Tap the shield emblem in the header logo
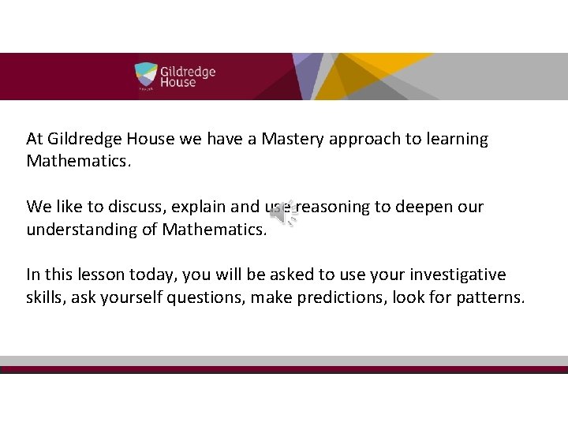pyautogui.click(x=146, y=76)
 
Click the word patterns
pyautogui.click(x=493, y=298)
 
